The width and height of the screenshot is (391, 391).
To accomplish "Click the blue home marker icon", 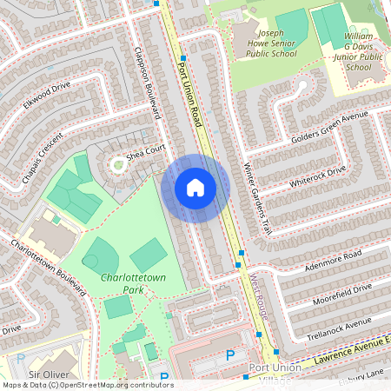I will [x=195, y=188].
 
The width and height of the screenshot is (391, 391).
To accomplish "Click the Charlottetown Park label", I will [x=133, y=282].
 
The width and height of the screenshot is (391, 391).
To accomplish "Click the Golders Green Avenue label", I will [x=320, y=130].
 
